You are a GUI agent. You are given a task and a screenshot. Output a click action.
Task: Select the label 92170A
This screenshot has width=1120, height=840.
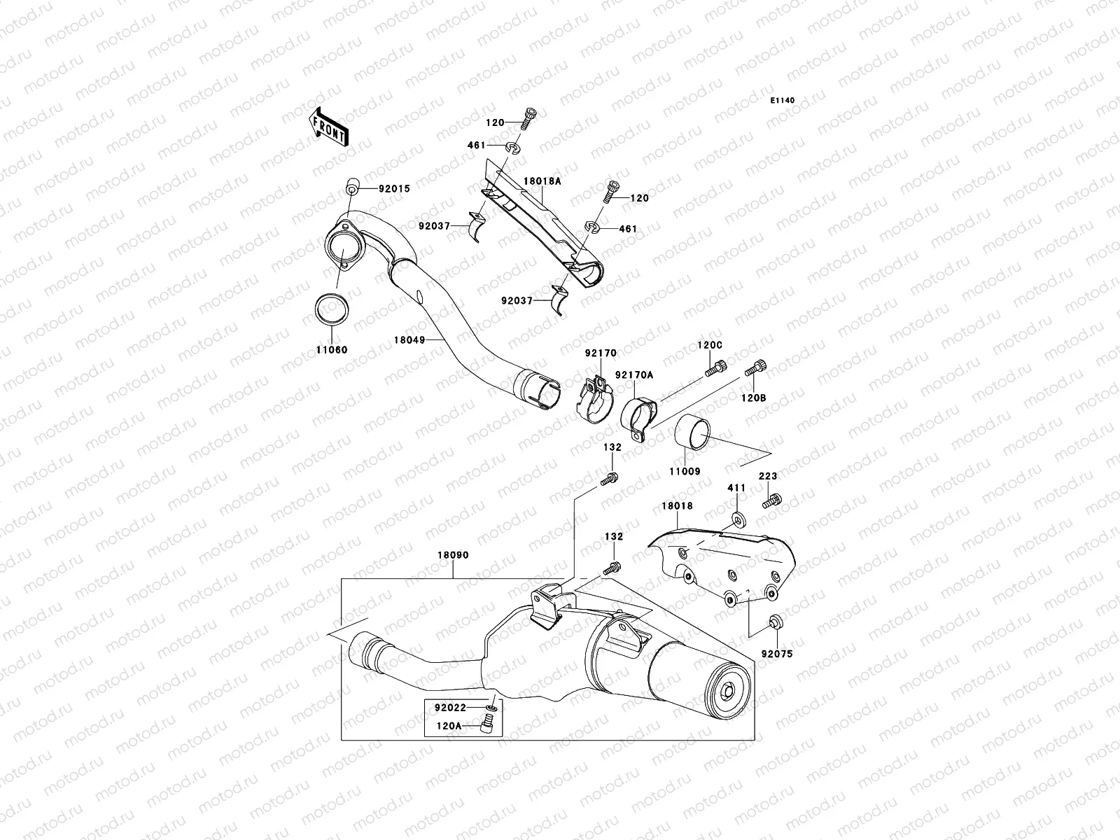(x=634, y=375)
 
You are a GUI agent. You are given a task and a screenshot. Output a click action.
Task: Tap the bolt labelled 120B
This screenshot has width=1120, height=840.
(x=759, y=367)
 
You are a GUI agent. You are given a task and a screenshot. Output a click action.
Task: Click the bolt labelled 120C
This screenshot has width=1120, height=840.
(x=715, y=366)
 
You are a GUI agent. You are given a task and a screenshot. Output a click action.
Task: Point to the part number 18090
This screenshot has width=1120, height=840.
(x=453, y=555)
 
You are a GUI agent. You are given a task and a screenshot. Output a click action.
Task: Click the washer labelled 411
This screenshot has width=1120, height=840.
(x=738, y=519)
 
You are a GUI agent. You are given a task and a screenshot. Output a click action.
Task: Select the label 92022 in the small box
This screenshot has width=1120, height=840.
(x=449, y=708)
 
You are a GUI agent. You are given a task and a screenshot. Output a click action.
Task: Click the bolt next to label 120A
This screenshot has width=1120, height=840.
(x=489, y=728)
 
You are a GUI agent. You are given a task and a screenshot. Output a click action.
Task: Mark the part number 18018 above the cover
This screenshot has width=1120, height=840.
(x=677, y=505)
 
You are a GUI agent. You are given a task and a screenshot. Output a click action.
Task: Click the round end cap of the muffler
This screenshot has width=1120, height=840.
(x=729, y=692)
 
